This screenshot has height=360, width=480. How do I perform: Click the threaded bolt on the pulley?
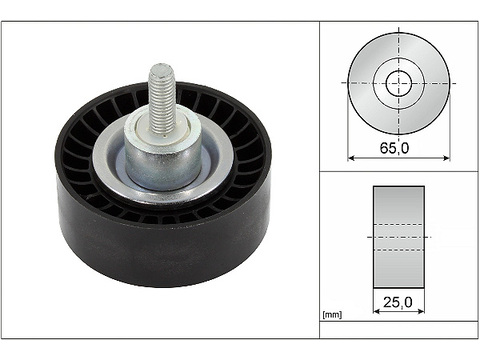162,98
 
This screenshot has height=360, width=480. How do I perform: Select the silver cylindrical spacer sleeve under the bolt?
163,152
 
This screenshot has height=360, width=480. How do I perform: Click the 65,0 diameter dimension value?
394,148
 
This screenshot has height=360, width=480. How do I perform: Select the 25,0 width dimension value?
398,302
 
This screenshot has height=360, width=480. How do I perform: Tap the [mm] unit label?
332,314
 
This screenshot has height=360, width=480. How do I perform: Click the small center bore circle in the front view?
399,83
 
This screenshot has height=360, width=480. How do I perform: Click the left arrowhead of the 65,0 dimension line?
351,158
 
